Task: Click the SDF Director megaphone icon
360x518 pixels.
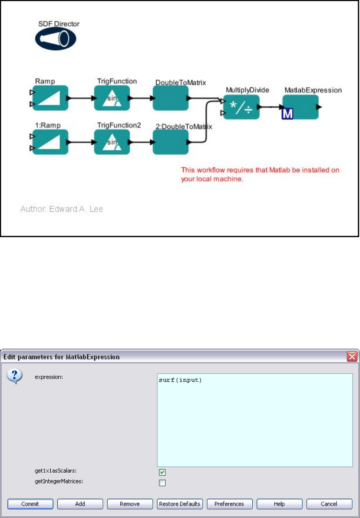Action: pos(55,39)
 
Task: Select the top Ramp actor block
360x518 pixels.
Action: pos(50,98)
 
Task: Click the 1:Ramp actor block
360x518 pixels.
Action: pos(50,142)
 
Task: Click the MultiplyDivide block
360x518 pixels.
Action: pos(241,107)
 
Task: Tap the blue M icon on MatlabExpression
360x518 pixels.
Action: pos(288,113)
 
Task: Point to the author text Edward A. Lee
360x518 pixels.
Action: pos(62,209)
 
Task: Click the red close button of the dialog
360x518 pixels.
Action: pos(352,357)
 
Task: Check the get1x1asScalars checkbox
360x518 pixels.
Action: pos(162,472)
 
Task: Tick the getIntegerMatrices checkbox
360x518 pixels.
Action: pos(162,483)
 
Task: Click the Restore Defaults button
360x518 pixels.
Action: pos(180,504)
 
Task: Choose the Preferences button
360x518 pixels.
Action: pos(229,504)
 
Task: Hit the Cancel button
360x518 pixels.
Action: pos(329,504)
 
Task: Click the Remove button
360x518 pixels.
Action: pos(130,504)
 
